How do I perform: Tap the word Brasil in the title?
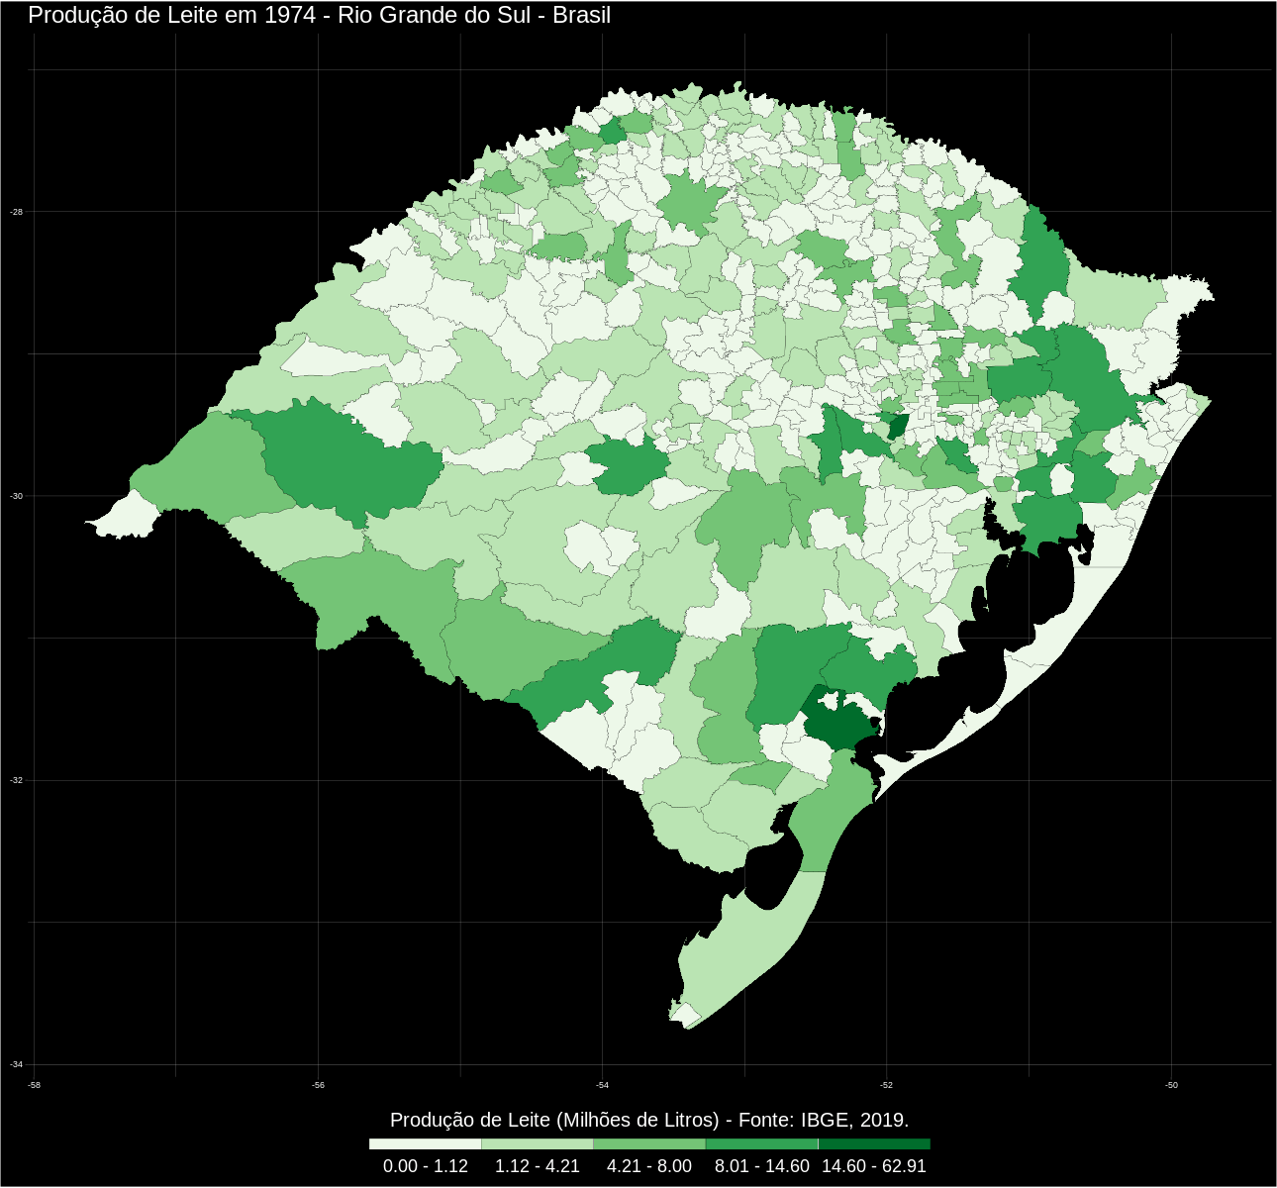(x=580, y=15)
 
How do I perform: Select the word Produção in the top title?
(x=70, y=15)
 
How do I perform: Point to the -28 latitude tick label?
(x=16, y=212)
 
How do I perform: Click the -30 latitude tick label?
(x=16, y=496)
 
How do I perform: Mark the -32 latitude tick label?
(x=16, y=780)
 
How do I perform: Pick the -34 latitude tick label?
(x=16, y=1064)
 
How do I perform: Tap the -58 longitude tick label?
(x=35, y=1086)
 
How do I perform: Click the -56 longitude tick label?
(x=318, y=1086)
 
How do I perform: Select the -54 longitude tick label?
(x=602, y=1086)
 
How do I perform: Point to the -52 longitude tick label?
(x=886, y=1086)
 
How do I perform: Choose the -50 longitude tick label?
(x=1171, y=1086)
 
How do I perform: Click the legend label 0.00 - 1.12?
(x=426, y=1166)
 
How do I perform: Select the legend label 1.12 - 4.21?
(x=538, y=1166)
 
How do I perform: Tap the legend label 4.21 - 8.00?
(x=649, y=1166)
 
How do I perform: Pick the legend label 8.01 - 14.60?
(x=762, y=1166)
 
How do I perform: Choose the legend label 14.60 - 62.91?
(x=874, y=1166)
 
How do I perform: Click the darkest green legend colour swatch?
(x=874, y=1143)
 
